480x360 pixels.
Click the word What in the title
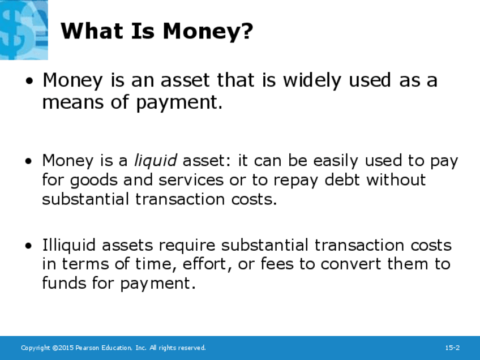point(92,31)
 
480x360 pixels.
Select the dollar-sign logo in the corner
point(24,29)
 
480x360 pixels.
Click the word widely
point(312,80)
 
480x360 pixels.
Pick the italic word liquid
point(156,161)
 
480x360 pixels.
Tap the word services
point(191,180)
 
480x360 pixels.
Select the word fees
point(277,264)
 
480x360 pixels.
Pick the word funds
point(63,283)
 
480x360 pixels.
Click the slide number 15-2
point(452,348)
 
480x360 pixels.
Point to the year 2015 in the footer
point(66,348)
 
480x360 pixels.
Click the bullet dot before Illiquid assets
point(29,246)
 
